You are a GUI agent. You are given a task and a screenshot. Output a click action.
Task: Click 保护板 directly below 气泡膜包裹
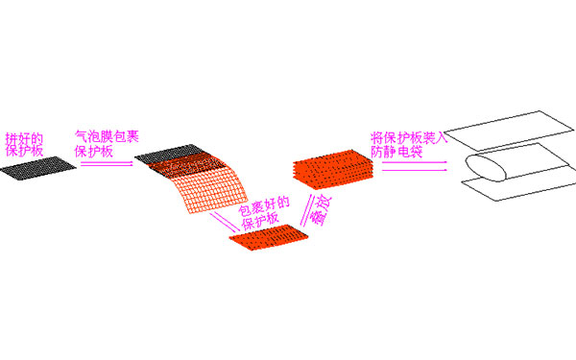click(x=93, y=152)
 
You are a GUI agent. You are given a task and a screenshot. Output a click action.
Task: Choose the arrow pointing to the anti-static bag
click(x=413, y=165)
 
